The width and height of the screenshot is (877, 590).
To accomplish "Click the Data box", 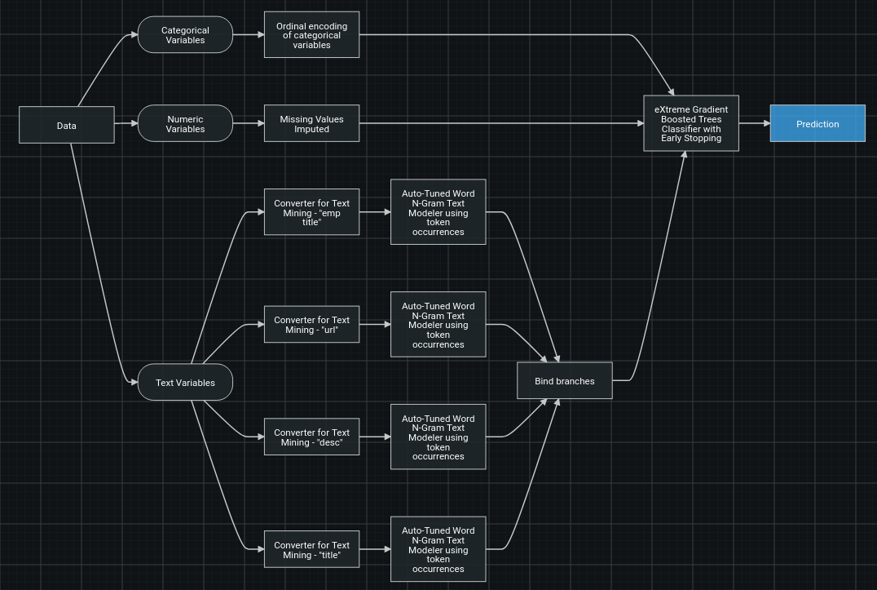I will pos(67,125).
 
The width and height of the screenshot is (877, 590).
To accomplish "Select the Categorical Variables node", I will pos(185,35).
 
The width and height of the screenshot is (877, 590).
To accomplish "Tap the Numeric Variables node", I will pos(185,124).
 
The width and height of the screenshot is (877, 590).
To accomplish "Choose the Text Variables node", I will pos(185,383).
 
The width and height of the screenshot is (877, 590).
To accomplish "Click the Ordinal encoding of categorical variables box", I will pos(311,35).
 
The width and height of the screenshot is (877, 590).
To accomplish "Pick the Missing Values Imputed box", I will pos(311,124).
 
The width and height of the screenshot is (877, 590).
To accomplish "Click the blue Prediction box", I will pos(818,124).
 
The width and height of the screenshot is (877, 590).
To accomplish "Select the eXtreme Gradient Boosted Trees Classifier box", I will pos(691,124).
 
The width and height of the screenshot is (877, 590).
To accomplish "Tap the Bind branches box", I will pos(565,381).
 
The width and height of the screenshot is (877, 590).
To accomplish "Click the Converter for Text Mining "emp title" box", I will pos(311,212).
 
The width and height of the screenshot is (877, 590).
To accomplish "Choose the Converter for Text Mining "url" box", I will pos(311,325).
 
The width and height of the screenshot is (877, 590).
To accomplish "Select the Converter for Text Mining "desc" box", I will pos(311,437).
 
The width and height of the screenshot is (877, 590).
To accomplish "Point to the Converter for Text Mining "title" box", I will pos(311,550).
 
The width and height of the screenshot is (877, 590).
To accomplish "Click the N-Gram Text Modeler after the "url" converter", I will pos(438,325).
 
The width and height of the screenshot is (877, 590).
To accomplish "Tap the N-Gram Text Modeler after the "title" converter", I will pos(438,549).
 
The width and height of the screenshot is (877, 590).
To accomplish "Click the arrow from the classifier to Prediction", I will pos(755,124).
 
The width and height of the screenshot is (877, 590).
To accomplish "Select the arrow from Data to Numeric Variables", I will pos(126,124).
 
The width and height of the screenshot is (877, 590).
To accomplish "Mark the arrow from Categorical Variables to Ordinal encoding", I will pos(249,35).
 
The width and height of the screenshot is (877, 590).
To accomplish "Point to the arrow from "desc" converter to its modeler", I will pos(375,437).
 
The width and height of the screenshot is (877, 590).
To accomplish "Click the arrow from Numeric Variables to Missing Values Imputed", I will pos(249,124).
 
